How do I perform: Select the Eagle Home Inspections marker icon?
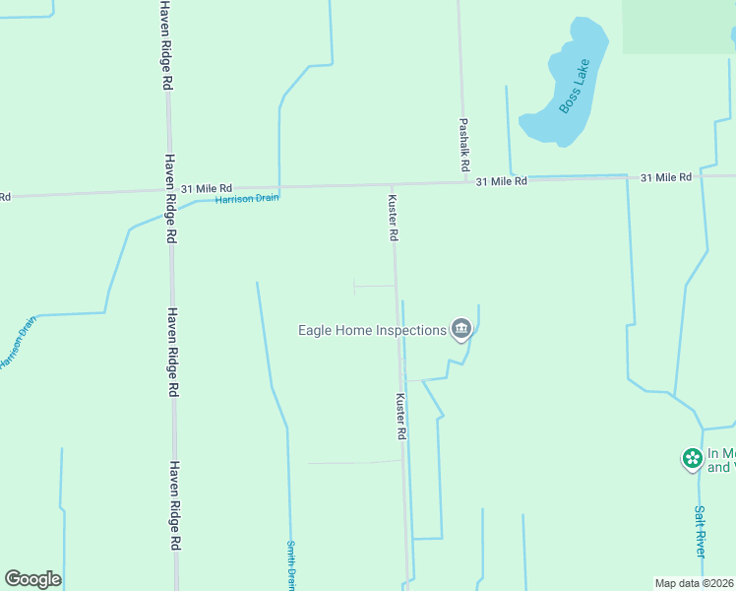tap(460, 330)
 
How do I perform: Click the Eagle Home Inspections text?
tap(372, 330)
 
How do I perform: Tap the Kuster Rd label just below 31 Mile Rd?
tap(393, 217)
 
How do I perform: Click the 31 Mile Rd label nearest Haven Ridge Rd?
tap(207, 187)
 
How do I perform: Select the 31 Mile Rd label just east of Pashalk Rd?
tap(502, 181)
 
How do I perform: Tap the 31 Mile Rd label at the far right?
tap(666, 177)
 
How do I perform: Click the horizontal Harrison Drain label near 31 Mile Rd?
tap(247, 198)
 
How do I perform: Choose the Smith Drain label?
tap(291, 564)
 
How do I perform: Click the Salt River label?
tap(700, 532)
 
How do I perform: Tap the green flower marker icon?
tap(693, 458)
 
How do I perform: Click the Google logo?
tap(32, 579)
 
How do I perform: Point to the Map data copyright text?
tap(695, 583)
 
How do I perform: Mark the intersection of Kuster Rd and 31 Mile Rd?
tap(392, 184)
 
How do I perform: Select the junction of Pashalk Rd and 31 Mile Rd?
tap(464, 181)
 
